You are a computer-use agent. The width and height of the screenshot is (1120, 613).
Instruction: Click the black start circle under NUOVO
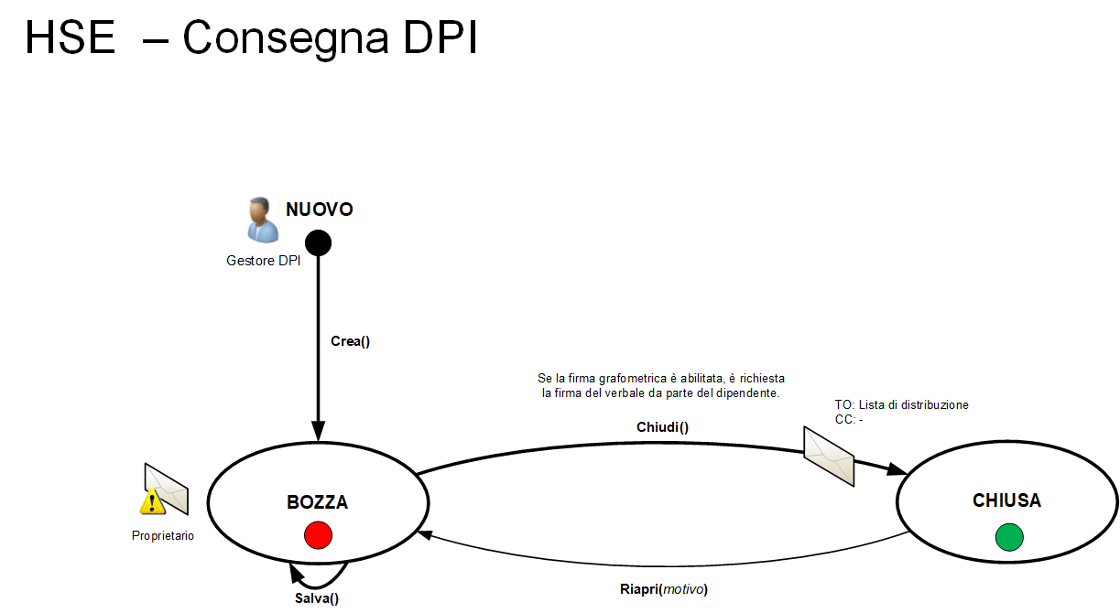click(x=318, y=242)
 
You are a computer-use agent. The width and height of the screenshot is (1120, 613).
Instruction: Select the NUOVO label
click(x=320, y=210)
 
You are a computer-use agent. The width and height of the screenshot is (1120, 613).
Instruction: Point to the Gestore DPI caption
click(x=264, y=261)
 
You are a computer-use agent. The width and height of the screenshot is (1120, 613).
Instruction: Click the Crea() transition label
click(x=350, y=341)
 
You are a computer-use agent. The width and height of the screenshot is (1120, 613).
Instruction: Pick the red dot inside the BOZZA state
click(x=318, y=535)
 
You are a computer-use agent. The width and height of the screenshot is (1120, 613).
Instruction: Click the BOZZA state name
click(x=318, y=502)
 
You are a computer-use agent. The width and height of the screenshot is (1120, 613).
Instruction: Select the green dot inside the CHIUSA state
click(x=1008, y=536)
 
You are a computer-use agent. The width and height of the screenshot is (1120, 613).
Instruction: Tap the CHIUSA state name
click(x=1006, y=500)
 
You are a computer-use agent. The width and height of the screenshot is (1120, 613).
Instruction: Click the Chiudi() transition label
click(x=662, y=426)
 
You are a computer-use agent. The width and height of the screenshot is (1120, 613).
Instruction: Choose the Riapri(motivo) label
click(x=663, y=589)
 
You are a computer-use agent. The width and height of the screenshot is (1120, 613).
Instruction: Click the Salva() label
click(x=317, y=599)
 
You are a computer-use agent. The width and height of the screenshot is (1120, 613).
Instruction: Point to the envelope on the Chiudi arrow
click(x=829, y=456)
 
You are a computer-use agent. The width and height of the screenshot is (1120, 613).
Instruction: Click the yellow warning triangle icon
click(x=152, y=501)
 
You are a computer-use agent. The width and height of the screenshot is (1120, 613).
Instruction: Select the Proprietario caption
click(x=163, y=536)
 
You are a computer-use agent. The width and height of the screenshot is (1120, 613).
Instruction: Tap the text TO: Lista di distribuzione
click(x=901, y=405)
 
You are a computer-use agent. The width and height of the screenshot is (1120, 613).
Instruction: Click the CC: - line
click(x=849, y=419)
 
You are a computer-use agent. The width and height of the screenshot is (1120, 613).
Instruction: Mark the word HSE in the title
click(x=71, y=38)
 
